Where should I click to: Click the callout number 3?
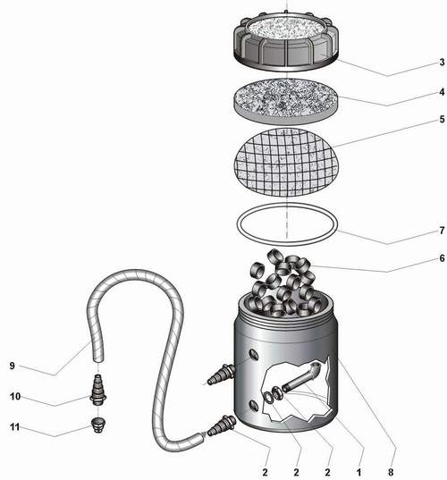[442, 63]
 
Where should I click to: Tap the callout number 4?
[442, 92]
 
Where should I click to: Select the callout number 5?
[442, 119]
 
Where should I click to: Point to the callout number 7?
[442, 231]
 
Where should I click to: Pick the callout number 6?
[442, 258]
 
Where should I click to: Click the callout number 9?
[13, 366]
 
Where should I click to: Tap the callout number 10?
[15, 397]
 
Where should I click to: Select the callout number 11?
[15, 426]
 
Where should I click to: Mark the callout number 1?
[358, 472]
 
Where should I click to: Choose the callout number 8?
[391, 472]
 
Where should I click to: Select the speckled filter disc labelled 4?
[286, 102]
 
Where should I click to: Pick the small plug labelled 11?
[98, 425]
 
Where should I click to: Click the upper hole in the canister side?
[254, 355]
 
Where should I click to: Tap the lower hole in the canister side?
[254, 406]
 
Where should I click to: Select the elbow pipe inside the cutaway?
[301, 377]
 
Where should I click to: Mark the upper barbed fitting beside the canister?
[221, 375]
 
